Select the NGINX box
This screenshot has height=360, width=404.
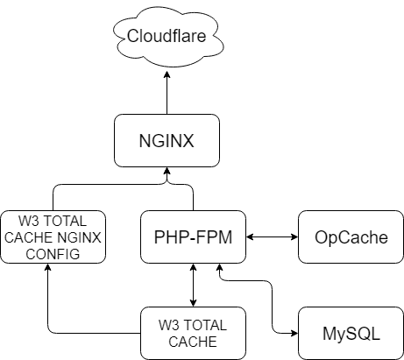(167, 140)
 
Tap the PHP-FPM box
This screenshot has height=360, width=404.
(193, 236)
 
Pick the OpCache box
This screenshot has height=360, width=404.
(351, 236)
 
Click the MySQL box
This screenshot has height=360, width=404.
(351, 333)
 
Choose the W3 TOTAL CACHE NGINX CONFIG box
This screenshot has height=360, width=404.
(53, 236)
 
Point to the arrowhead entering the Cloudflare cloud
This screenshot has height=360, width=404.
(167, 74)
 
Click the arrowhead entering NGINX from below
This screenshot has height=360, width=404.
(167, 171)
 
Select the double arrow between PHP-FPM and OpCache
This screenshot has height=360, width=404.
(272, 236)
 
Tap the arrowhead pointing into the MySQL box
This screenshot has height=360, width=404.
(294, 333)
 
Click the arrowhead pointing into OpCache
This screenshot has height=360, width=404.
(294, 236)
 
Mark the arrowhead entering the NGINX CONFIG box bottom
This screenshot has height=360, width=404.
(48, 267)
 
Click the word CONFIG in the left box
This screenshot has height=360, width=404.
(53, 254)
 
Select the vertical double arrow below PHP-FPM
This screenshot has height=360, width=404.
(193, 285)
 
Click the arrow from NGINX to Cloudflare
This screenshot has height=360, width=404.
(167, 93)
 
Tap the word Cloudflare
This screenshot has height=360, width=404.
(167, 36)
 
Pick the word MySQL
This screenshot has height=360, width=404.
(351, 334)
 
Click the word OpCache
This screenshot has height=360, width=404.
(351, 237)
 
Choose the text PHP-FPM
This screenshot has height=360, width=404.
(193, 237)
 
